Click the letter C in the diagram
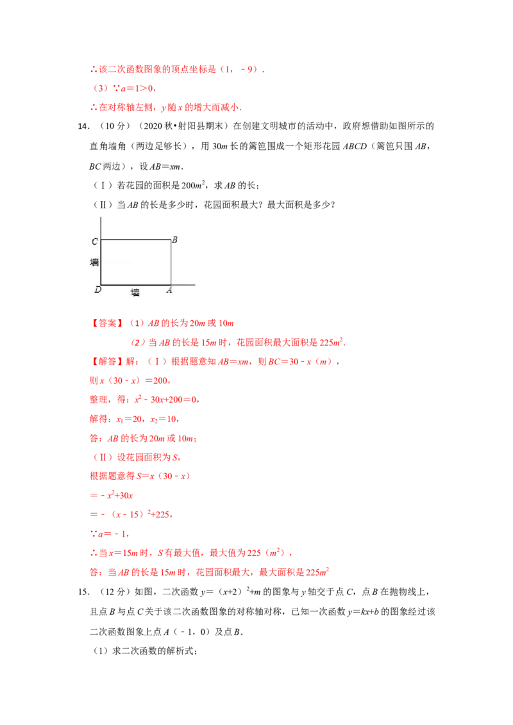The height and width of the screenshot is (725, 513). click(94, 241)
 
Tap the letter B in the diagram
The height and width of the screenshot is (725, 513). click(174, 240)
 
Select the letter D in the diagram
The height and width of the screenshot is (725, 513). click(97, 290)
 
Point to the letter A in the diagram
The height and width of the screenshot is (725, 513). click(169, 290)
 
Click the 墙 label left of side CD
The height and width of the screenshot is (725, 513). click(94, 262)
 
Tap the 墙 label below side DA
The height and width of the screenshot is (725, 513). click(135, 293)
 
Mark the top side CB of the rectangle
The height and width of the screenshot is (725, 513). click(136, 240)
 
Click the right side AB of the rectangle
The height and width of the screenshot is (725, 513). click(171, 262)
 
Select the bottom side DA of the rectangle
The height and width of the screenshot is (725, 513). click(136, 284)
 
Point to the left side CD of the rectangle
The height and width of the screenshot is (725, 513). click(101, 263)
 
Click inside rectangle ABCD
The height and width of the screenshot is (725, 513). click(136, 263)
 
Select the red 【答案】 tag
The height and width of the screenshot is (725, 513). click(103, 323)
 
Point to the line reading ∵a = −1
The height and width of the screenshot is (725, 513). click(101, 534)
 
